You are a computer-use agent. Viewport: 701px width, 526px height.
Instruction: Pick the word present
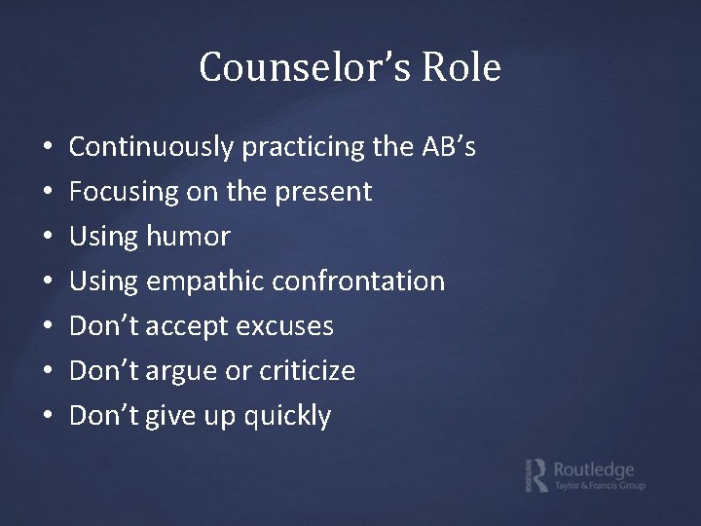pyautogui.click(x=322, y=193)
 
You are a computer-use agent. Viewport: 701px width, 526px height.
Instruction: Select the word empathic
pyautogui.click(x=205, y=282)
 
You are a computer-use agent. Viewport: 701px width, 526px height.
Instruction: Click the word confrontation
pyautogui.click(x=359, y=282)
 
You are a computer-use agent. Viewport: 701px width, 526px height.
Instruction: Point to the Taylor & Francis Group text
pyautogui.click(x=600, y=485)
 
